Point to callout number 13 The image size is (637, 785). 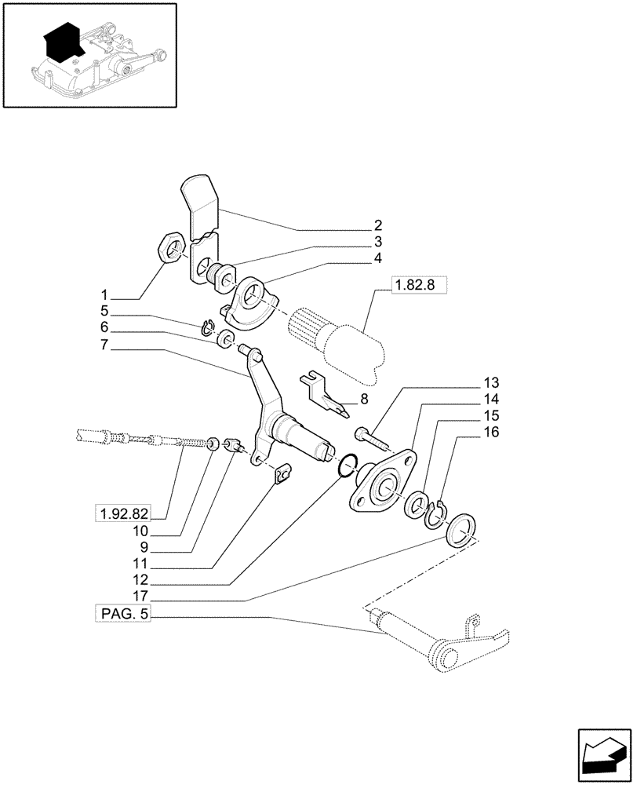click(x=491, y=383)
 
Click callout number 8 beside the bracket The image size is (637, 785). click(x=363, y=400)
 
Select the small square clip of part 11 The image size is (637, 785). click(x=283, y=473)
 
